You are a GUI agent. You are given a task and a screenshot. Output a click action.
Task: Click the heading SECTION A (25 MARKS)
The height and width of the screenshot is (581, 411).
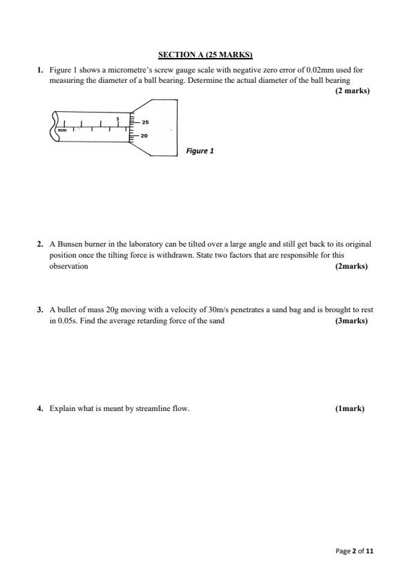pos(205,54)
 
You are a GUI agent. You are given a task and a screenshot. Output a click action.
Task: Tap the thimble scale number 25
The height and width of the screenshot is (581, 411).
pos(145,122)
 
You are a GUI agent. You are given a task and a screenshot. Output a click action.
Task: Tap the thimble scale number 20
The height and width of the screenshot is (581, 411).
pos(144,135)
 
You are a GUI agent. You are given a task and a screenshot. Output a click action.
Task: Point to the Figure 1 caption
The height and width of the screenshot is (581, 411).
pos(200,151)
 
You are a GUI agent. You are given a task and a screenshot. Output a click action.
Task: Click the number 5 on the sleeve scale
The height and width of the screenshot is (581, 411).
pos(117,118)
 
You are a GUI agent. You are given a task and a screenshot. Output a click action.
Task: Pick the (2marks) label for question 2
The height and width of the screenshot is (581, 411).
pos(351,266)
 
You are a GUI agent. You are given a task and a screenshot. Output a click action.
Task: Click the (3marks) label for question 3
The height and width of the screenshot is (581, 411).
pos(351,321)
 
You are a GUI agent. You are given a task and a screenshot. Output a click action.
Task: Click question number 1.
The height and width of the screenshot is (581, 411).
pos(40,70)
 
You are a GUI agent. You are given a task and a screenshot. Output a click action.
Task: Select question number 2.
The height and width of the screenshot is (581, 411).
pos(40,244)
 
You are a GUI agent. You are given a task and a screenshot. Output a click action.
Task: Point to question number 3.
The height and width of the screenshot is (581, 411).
pos(40,310)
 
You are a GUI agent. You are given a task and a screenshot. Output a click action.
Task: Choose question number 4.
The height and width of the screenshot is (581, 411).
pos(40,408)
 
